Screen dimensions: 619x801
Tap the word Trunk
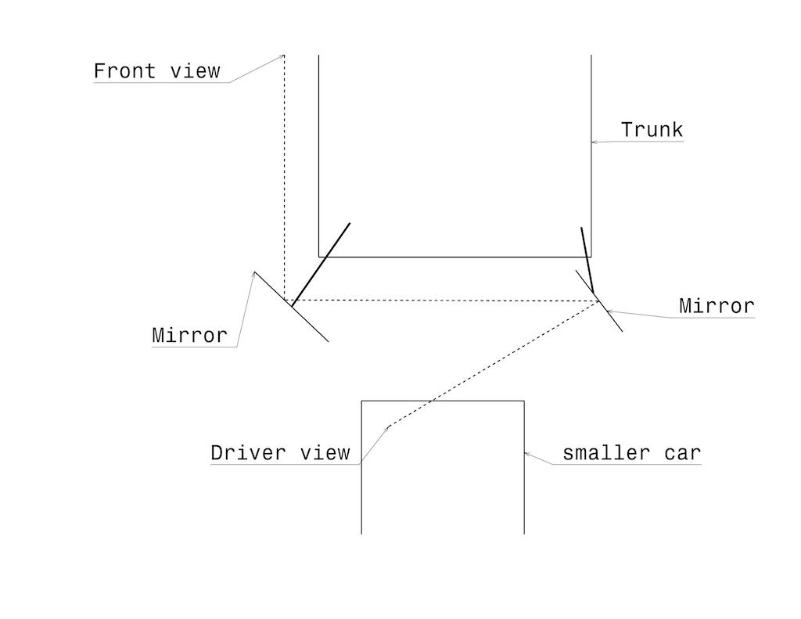pyautogui.click(x=652, y=130)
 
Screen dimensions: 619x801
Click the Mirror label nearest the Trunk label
pyautogui.click(x=717, y=306)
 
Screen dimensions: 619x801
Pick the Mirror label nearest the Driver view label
pyautogui.click(x=189, y=336)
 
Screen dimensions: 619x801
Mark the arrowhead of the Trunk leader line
pyautogui.click(x=592, y=142)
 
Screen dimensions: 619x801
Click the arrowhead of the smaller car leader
pyautogui.click(x=526, y=452)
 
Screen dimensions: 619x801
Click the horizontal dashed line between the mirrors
pyautogui.click(x=438, y=301)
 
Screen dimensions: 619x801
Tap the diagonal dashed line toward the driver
pyautogui.click(x=493, y=364)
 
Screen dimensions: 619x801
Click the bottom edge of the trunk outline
pyautogui.click(x=454, y=256)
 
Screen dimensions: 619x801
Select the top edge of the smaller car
pyautogui.click(x=442, y=401)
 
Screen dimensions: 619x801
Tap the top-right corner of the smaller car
pyautogui.click(x=523, y=401)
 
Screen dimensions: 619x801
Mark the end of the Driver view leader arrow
pyautogui.click(x=388, y=426)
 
